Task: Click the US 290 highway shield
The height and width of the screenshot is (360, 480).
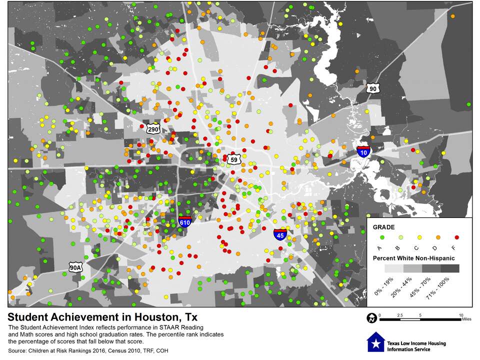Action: pyautogui.click(x=153, y=129)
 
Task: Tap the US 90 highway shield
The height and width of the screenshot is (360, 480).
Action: pyautogui.click(x=372, y=88)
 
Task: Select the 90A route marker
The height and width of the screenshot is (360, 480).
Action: pyautogui.click(x=75, y=267)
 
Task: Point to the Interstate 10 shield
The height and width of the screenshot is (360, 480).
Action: pyautogui.click(x=364, y=151)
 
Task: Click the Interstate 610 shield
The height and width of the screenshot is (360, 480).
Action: pyautogui.click(x=185, y=221)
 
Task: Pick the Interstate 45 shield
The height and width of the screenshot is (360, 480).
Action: pyautogui.click(x=280, y=234)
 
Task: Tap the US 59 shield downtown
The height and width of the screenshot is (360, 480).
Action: pyautogui.click(x=233, y=159)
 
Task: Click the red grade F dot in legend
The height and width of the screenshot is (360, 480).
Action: pyautogui.click(x=457, y=237)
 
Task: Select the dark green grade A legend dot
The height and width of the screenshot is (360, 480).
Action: pyautogui.click(x=381, y=237)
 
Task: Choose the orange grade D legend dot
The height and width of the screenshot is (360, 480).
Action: pyautogui.click(x=438, y=237)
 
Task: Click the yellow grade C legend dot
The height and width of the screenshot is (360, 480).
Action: pyautogui.click(x=419, y=237)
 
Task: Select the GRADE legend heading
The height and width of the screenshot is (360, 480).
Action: pyautogui.click(x=384, y=226)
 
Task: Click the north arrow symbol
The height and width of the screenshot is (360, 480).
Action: pyautogui.click(x=372, y=317)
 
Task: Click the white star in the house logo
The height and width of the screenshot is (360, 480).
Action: pyautogui.click(x=374, y=343)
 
